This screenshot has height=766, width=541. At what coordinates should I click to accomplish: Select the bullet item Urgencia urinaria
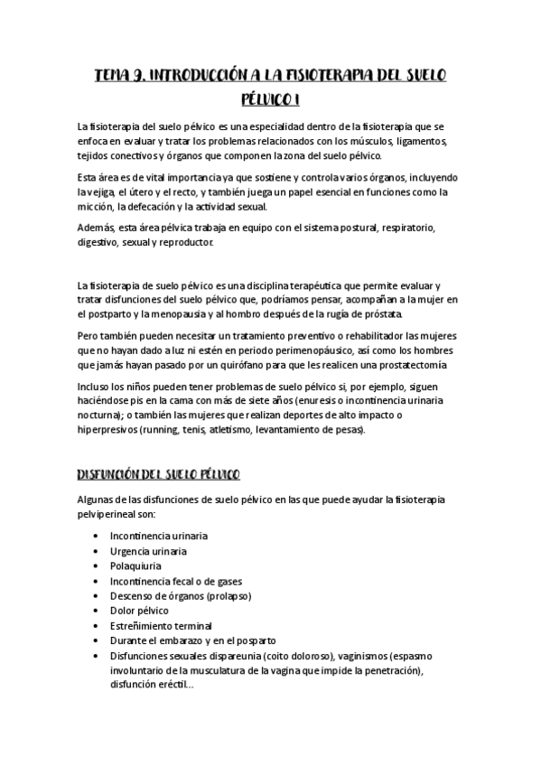tap(148, 551)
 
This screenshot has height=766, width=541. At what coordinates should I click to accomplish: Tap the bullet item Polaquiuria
tap(135, 566)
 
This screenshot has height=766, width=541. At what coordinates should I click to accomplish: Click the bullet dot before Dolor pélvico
tap(96, 611)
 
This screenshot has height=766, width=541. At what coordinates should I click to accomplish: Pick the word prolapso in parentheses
tap(229, 596)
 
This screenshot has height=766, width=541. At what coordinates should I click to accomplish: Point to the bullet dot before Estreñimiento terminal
tap(96, 625)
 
